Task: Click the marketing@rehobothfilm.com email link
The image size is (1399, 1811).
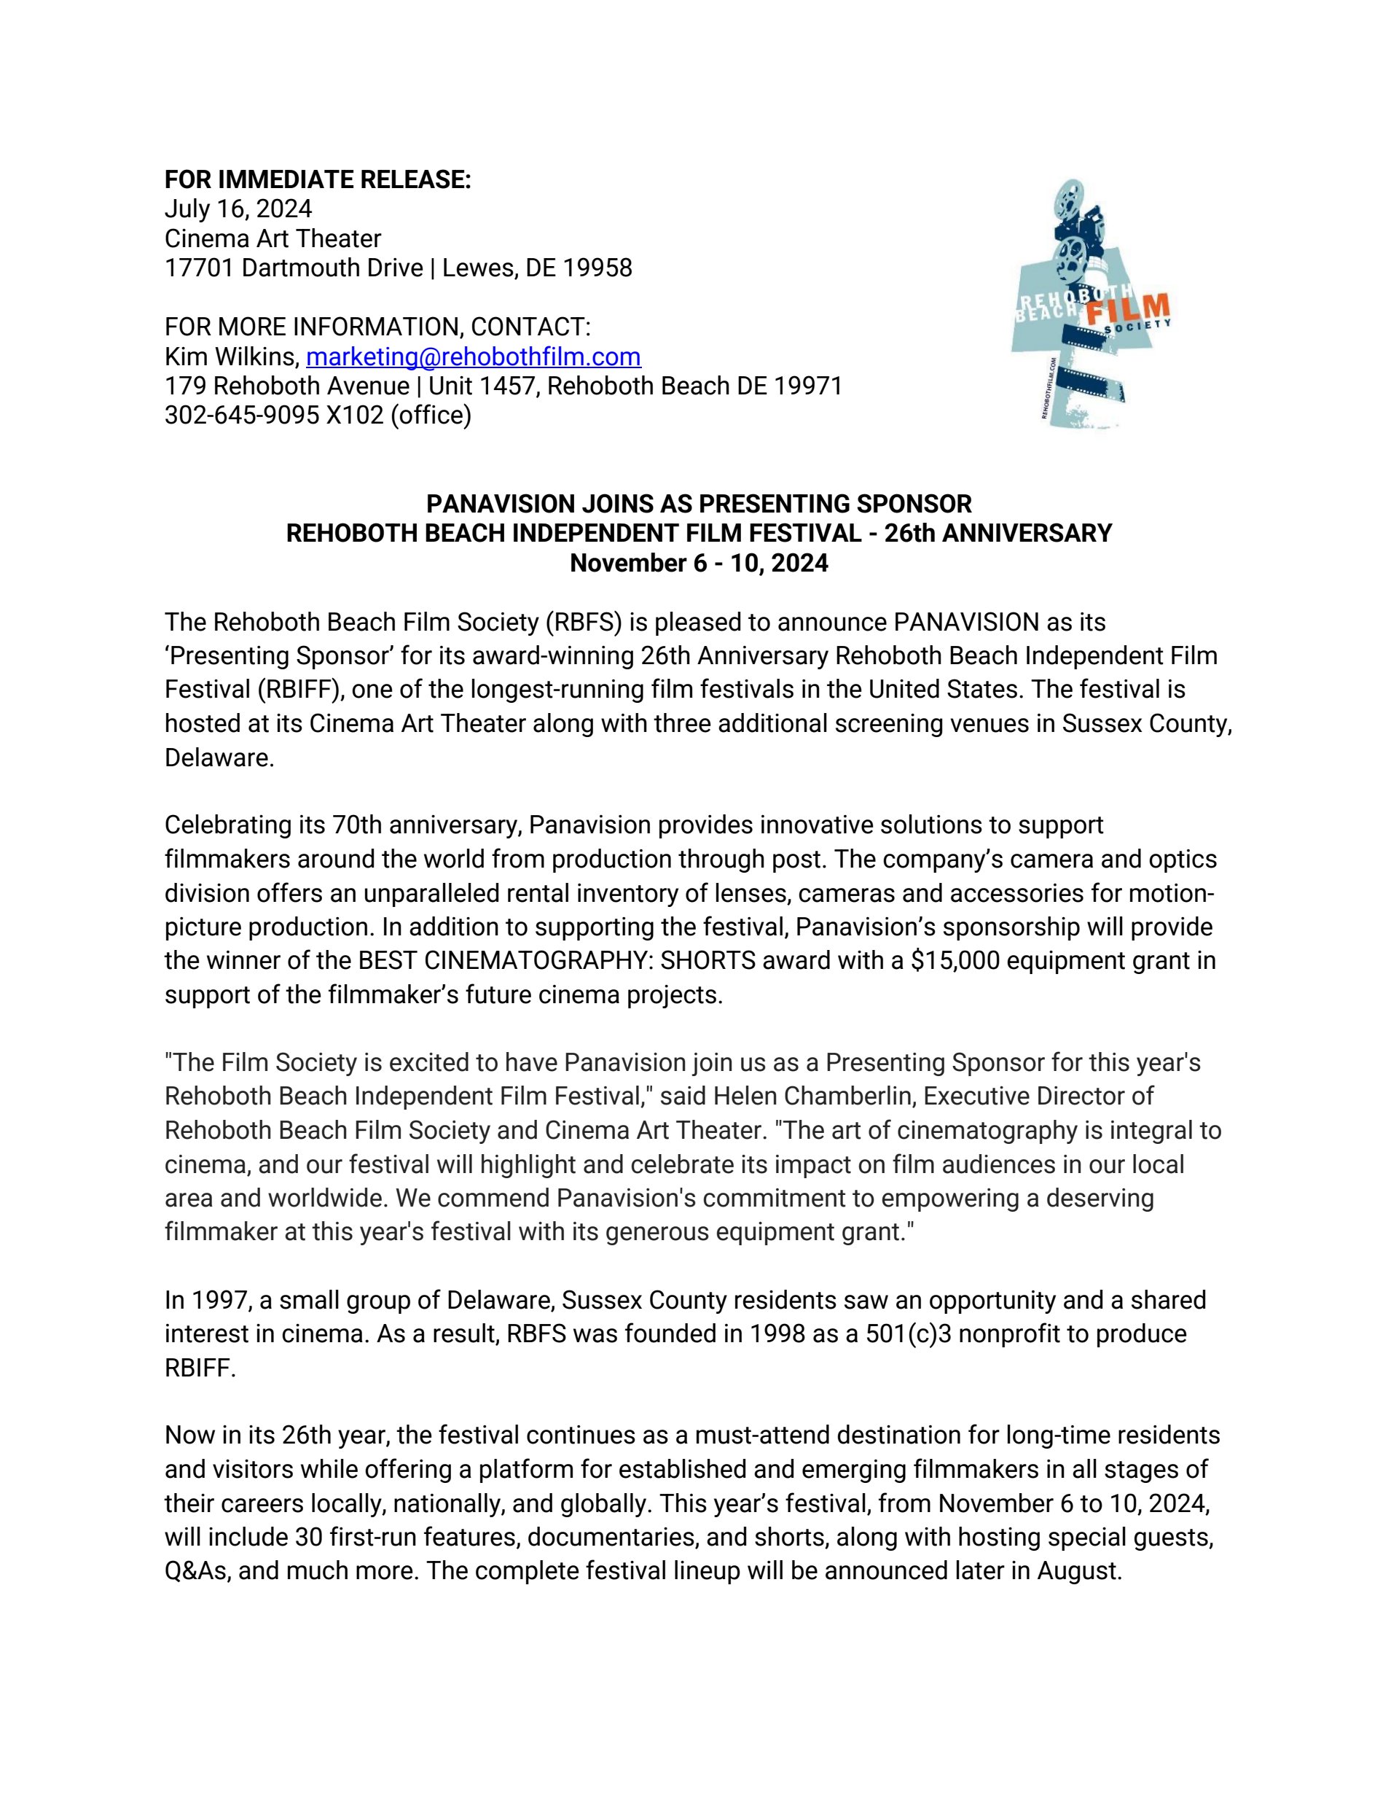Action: pos(473,357)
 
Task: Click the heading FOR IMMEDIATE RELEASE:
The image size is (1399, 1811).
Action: pos(318,179)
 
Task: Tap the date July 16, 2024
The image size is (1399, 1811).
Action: pos(238,209)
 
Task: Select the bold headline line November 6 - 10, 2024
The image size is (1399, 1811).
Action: pos(699,563)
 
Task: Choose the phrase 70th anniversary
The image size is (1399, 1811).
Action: pos(426,825)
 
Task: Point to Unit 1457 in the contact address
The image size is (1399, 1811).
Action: pos(481,386)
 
